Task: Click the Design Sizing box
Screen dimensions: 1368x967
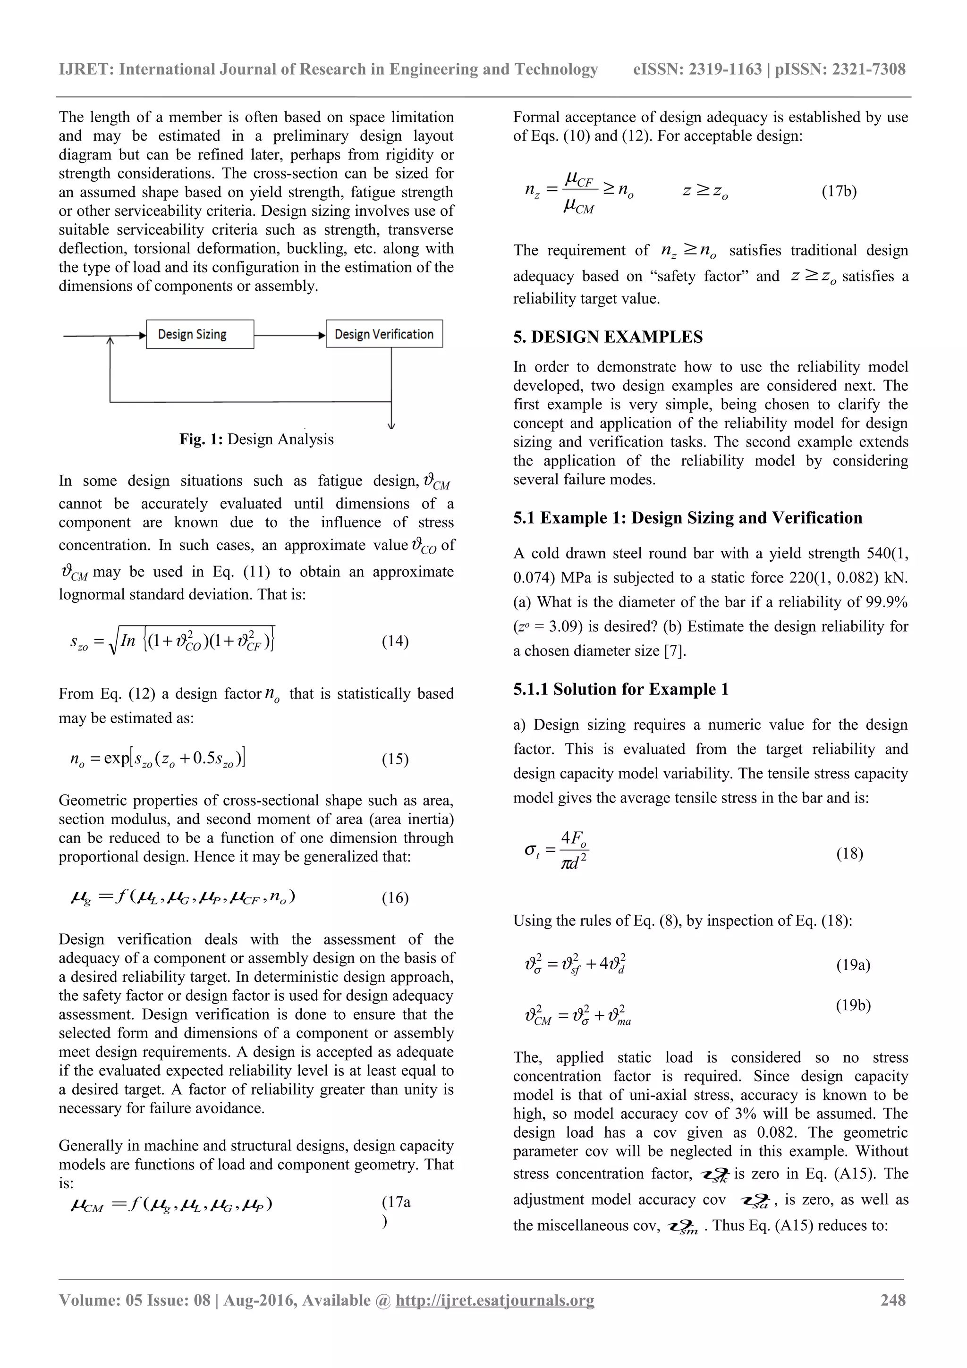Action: coord(200,334)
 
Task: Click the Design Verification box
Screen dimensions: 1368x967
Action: coord(384,334)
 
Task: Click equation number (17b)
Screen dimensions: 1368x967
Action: coord(839,191)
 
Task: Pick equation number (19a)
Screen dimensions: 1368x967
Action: coord(853,964)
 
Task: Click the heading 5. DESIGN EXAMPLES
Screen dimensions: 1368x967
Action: coord(608,337)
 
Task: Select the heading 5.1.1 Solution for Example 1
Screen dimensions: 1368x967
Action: coord(621,689)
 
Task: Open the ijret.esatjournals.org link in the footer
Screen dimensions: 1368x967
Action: coord(494,1300)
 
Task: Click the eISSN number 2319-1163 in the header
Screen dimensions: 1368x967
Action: coord(725,70)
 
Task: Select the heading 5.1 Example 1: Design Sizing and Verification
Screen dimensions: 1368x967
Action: coord(687,518)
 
